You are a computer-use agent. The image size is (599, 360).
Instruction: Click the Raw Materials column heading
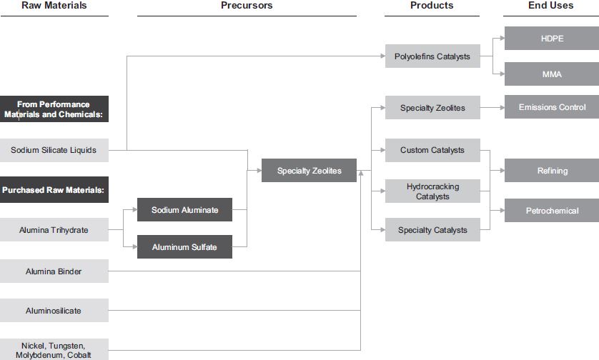pyautogui.click(x=54, y=6)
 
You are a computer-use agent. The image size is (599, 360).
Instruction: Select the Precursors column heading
pyautogui.click(x=247, y=6)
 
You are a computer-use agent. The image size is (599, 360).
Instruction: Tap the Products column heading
pyautogui.click(x=432, y=6)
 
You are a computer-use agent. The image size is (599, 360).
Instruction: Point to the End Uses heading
pyautogui.click(x=551, y=6)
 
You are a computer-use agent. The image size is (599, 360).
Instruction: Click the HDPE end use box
pyautogui.click(x=551, y=39)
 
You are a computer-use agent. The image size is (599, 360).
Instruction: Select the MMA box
pyautogui.click(x=551, y=74)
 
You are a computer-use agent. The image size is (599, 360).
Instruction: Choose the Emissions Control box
pyautogui.click(x=551, y=107)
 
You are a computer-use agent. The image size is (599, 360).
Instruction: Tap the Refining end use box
pyautogui.click(x=551, y=171)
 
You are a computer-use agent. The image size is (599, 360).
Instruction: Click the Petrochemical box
pyautogui.click(x=551, y=211)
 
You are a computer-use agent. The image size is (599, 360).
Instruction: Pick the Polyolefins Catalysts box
pyautogui.click(x=432, y=56)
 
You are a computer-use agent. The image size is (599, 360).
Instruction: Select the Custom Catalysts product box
pyautogui.click(x=432, y=150)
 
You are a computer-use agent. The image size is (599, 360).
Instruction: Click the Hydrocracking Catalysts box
pyautogui.click(x=432, y=191)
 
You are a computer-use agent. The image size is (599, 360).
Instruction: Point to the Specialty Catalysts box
pyautogui.click(x=432, y=230)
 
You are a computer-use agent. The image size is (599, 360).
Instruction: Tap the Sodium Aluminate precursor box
pyautogui.click(x=184, y=210)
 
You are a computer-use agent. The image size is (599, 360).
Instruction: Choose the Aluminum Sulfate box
pyautogui.click(x=184, y=247)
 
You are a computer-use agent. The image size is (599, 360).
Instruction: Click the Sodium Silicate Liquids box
pyautogui.click(x=54, y=150)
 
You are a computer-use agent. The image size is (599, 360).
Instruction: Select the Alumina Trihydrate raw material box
pyautogui.click(x=54, y=230)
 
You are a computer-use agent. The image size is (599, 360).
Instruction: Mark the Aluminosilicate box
pyautogui.click(x=54, y=311)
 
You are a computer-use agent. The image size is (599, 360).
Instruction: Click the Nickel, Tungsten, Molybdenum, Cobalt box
pyautogui.click(x=54, y=350)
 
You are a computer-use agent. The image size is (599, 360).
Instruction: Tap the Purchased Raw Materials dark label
pyautogui.click(x=54, y=190)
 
